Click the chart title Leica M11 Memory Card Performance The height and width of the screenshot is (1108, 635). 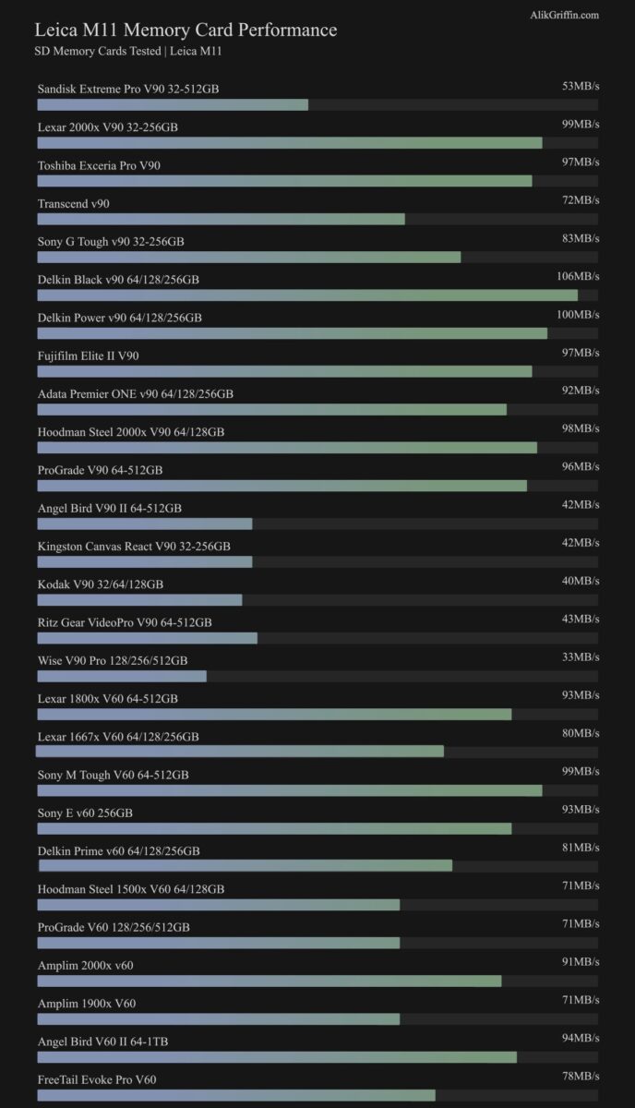tap(186, 30)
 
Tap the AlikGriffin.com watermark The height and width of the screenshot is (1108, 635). tap(565, 15)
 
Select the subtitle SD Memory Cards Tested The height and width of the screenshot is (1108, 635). tap(127, 52)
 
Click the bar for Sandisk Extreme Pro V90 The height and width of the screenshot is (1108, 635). tap(173, 105)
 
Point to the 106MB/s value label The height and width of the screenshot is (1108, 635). tap(580, 276)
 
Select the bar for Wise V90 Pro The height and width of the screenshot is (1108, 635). tap(122, 676)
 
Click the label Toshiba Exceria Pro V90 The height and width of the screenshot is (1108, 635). tap(99, 165)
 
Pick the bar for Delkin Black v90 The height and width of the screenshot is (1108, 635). tap(307, 295)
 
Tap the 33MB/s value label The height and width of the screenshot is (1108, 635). tap(581, 656)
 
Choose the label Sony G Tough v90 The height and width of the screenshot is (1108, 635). tap(111, 241)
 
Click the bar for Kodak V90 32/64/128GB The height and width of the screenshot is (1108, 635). tap(139, 600)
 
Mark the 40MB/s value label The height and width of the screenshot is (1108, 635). tap(581, 581)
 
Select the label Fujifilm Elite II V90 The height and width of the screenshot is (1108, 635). tap(89, 355)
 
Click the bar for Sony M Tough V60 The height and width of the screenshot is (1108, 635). tap(290, 790)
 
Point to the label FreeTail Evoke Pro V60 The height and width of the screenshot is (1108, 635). tap(97, 1079)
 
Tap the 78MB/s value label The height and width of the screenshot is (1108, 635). tap(581, 1076)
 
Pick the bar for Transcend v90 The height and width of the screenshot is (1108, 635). tap(221, 219)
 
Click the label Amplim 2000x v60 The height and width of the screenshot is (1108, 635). tap(85, 965)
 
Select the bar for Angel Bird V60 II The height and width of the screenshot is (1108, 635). tap(277, 1057)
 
